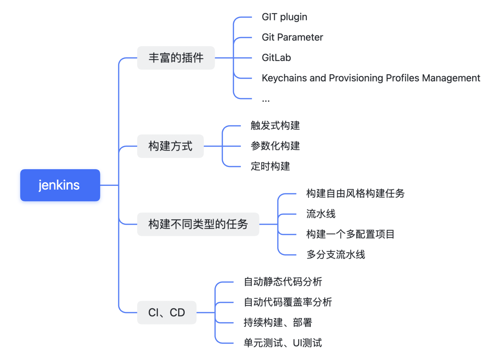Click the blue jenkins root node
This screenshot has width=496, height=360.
pyautogui.click(x=60, y=185)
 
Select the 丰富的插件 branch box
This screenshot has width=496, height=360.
pyautogui.click(x=176, y=58)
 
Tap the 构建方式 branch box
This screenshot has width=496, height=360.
pyautogui.click(x=170, y=146)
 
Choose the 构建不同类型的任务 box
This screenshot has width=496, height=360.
pyautogui.click(x=198, y=224)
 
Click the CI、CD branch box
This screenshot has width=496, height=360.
pyautogui.click(x=167, y=312)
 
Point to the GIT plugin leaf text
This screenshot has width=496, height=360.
pyautogui.click(x=284, y=17)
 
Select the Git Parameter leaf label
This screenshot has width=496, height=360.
pyautogui.click(x=292, y=37)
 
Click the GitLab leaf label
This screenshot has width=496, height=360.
pyautogui.click(x=276, y=58)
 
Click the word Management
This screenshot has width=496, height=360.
pyautogui.click(x=451, y=78)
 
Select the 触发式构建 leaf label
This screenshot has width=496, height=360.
pyautogui.click(x=275, y=126)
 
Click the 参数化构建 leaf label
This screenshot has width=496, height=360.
pyautogui.click(x=275, y=146)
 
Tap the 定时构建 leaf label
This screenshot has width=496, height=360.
pyautogui.click(x=270, y=166)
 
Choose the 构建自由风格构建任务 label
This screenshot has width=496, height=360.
pyautogui.click(x=355, y=194)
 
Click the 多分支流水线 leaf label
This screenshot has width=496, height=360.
pyautogui.click(x=336, y=255)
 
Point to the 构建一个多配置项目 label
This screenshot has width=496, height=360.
pyautogui.click(x=350, y=234)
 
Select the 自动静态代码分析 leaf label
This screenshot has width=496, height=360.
pyautogui.click(x=283, y=282)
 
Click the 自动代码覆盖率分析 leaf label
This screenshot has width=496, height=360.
pyautogui.click(x=288, y=302)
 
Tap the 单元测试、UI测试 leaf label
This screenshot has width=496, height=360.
pyautogui.click(x=283, y=343)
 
